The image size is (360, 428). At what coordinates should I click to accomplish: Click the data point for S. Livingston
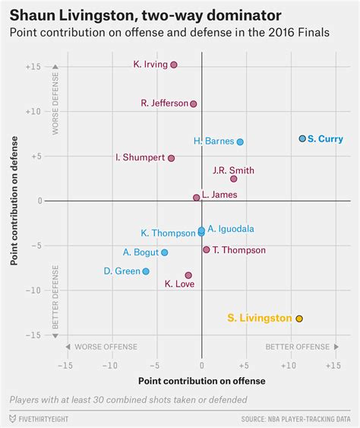pyautogui.click(x=299, y=319)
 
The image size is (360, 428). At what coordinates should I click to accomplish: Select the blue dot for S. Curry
pyautogui.click(x=302, y=138)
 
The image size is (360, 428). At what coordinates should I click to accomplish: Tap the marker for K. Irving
pyautogui.click(x=174, y=65)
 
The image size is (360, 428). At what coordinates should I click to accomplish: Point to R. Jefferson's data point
pyautogui.click(x=194, y=103)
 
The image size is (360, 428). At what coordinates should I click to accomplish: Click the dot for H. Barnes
pyautogui.click(x=240, y=142)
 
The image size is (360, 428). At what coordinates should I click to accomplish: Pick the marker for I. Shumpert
pyautogui.click(x=172, y=158)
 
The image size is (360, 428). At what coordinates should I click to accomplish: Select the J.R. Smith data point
pyautogui.click(x=234, y=179)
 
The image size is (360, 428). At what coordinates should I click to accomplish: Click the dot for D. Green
pyautogui.click(x=146, y=271)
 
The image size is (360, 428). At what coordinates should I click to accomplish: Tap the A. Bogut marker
pyautogui.click(x=165, y=252)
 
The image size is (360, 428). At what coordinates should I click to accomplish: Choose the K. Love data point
pyautogui.click(x=188, y=275)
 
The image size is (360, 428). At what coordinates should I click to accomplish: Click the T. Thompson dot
pyautogui.click(x=206, y=249)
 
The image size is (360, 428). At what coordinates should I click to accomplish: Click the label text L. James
pyautogui.click(x=219, y=195)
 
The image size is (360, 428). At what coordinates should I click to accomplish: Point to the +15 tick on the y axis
pyautogui.click(x=33, y=67)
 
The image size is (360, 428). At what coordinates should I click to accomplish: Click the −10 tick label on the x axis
pyautogui.click(x=111, y=365)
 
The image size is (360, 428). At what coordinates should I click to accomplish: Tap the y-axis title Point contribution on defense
pyautogui.click(x=15, y=201)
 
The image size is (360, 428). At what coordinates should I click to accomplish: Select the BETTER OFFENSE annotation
pyautogui.click(x=298, y=347)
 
